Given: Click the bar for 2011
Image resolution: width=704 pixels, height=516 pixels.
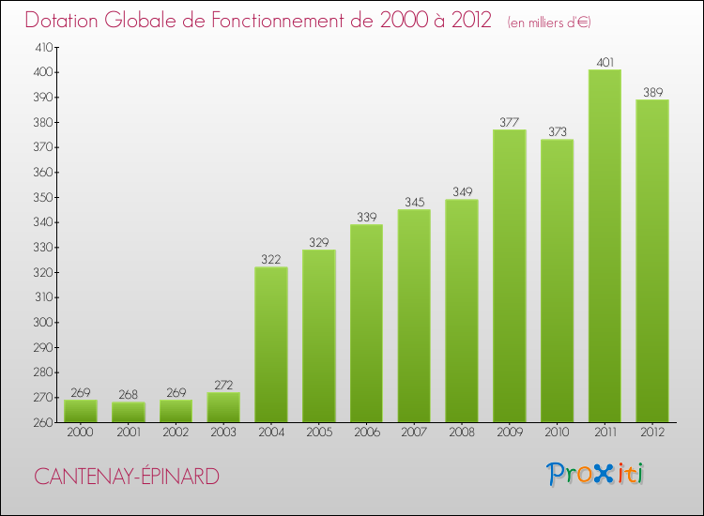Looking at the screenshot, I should [x=605, y=246].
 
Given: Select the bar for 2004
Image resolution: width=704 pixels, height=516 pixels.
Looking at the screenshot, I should [x=271, y=344].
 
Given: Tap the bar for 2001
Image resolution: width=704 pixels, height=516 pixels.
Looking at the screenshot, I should [x=128, y=412].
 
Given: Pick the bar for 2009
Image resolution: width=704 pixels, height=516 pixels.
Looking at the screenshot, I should [x=510, y=276].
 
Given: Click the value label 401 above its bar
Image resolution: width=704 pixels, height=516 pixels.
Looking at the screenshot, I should [x=605, y=63].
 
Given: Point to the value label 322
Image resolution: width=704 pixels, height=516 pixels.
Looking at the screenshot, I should [x=271, y=260].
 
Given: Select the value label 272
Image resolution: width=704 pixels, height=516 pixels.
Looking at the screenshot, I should [x=223, y=386].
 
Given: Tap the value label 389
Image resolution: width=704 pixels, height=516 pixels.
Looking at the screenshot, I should [x=652, y=93].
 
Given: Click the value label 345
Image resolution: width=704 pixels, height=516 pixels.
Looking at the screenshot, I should [x=414, y=203].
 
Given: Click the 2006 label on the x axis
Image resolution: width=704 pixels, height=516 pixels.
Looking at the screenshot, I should [x=366, y=433].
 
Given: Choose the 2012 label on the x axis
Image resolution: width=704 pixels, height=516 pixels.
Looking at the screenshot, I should [x=652, y=433].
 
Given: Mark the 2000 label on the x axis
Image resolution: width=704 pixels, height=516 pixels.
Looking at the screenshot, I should [x=81, y=433].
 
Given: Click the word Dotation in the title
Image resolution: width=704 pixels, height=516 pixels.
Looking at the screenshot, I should [x=67, y=20].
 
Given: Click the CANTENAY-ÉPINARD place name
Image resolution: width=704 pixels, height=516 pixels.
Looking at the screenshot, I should [x=127, y=477].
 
